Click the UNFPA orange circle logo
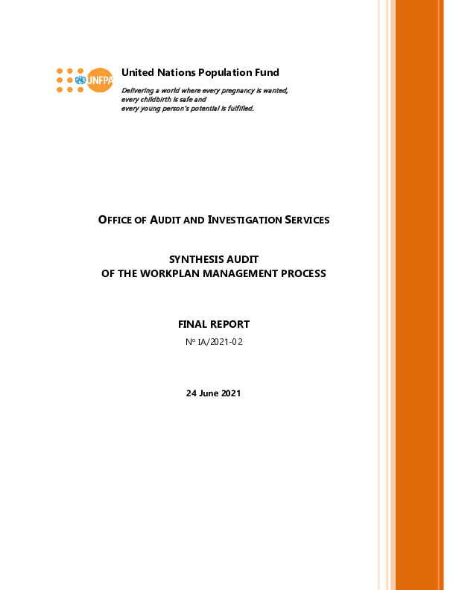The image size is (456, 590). pos(100,80)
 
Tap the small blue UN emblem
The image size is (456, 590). pos(80,80)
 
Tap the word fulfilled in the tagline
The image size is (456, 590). pos(241,108)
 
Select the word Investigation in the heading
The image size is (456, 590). pos(244,220)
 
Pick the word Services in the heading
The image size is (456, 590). pos(307,220)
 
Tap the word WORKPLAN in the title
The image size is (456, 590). pos(170,273)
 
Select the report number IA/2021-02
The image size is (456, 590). pos(220,342)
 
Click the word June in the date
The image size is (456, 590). pos(209,393)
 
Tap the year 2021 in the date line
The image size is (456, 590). pos(231,393)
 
